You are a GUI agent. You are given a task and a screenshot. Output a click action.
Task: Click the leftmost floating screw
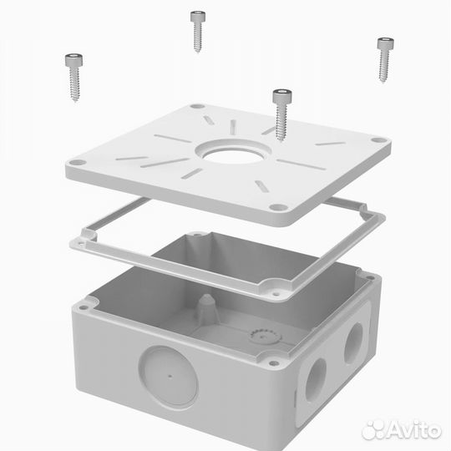[x=74, y=77]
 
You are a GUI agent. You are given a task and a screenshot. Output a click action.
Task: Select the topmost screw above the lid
[x=198, y=31]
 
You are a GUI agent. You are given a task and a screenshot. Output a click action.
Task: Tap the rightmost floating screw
[x=385, y=59]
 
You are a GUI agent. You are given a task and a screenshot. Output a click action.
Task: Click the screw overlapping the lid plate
[x=281, y=114]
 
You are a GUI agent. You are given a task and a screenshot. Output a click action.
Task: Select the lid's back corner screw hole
[x=197, y=106]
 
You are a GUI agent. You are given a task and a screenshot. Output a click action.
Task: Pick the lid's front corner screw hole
[x=278, y=207]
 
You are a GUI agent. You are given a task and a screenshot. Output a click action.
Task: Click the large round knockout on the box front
[x=169, y=377]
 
